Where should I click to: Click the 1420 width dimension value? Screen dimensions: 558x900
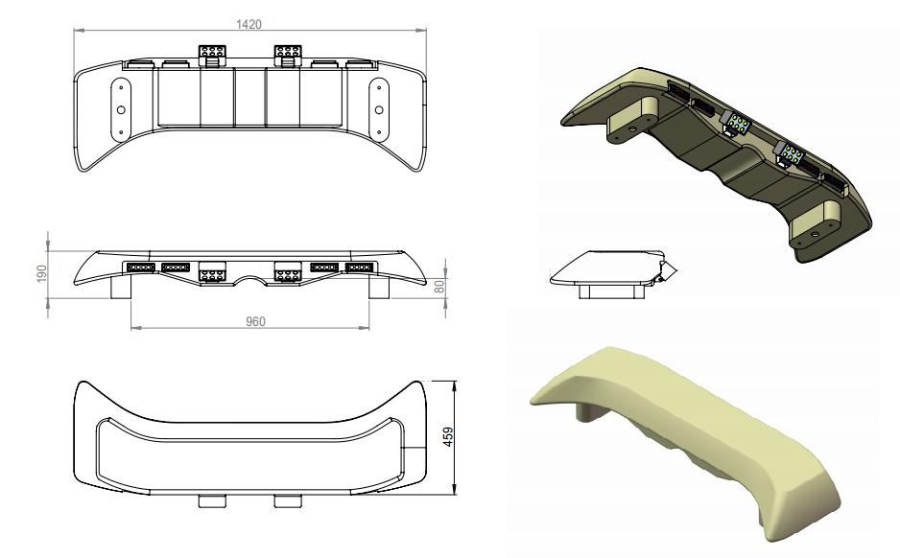tap(249, 24)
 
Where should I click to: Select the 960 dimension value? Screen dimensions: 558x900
tap(255, 321)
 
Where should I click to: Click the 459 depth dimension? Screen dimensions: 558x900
tap(446, 436)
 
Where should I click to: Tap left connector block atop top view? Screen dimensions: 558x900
tap(213, 55)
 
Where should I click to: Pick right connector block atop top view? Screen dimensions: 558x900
tap(288, 55)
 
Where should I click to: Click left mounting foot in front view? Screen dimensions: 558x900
tap(122, 287)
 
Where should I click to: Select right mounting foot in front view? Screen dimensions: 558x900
tap(378, 287)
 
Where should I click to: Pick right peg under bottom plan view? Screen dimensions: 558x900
tap(287, 501)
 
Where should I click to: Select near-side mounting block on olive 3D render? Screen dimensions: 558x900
tap(816, 221)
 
